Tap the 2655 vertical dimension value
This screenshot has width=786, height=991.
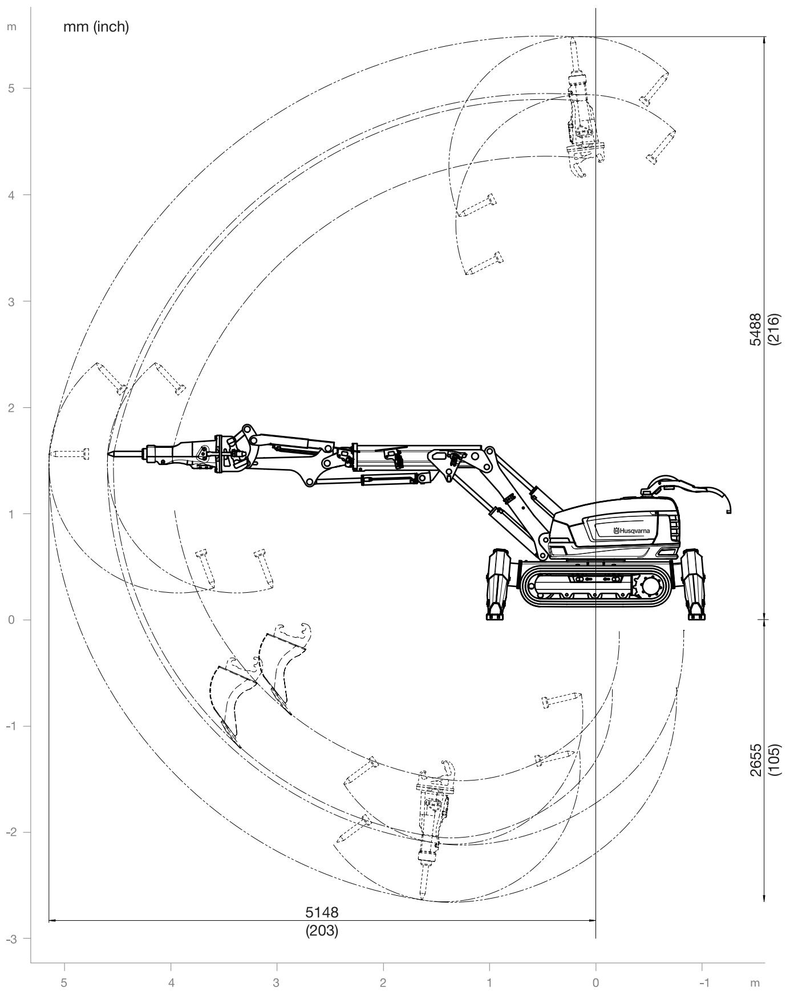pyautogui.click(x=756, y=759)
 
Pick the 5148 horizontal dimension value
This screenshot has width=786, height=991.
pyautogui.click(x=322, y=912)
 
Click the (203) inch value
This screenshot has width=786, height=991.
pyautogui.click(x=322, y=931)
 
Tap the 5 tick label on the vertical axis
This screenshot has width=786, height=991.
pyautogui.click(x=11, y=88)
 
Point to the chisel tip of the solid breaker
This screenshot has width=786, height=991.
pyautogui.click(x=109, y=454)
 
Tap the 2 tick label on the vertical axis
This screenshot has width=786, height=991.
pyautogui.click(x=11, y=407)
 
